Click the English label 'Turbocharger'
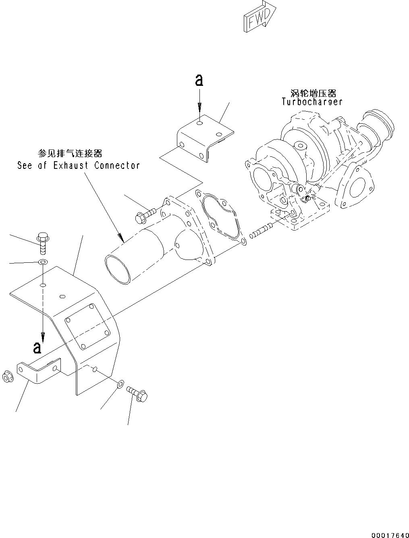click(312, 102)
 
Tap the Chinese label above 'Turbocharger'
click(313, 93)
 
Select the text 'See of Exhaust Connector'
click(79, 165)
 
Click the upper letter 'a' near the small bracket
click(199, 81)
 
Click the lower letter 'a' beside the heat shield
click(37, 347)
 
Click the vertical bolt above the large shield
click(42, 241)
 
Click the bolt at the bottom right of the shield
click(137, 394)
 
